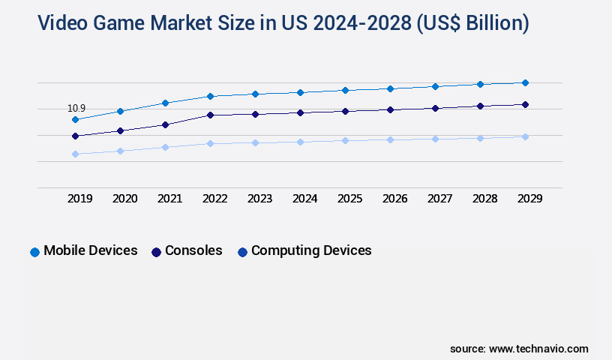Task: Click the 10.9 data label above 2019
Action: coord(76,109)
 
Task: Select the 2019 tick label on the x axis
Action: coord(80,199)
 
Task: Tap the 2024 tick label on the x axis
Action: coord(305,199)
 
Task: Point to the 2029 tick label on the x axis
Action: coord(530,199)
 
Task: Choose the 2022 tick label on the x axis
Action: coord(215,199)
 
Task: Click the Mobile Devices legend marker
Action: coord(34,252)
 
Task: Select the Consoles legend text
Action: coord(193,250)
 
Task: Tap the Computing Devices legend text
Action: coord(311,250)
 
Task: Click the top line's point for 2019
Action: coord(75,119)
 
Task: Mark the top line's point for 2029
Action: coord(525,82)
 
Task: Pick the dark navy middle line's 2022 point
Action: coord(210,115)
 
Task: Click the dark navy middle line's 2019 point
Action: coord(75,136)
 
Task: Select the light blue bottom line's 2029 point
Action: coord(525,136)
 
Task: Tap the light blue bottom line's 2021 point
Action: coord(165,147)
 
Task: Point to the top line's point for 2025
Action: coord(345,90)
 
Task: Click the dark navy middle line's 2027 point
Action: coord(435,108)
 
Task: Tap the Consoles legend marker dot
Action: coord(156,252)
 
